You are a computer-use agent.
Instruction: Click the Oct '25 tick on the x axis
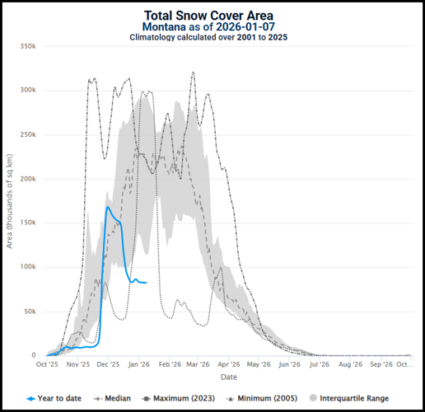click(47, 364)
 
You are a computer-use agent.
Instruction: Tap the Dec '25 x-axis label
click(108, 364)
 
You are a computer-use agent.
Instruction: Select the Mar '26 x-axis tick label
click(198, 364)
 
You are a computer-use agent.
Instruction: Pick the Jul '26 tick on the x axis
click(321, 364)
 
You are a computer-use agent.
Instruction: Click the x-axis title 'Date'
click(228, 377)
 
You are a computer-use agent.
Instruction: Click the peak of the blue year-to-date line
click(107, 207)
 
